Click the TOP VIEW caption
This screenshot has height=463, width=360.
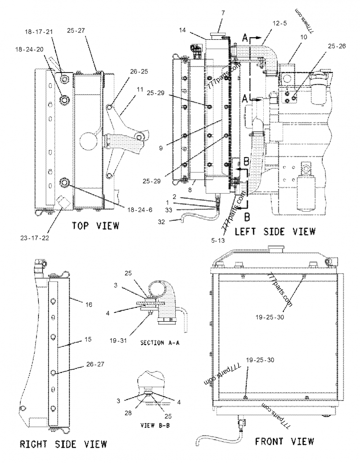point(95,226)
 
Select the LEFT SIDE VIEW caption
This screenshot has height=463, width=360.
point(275,231)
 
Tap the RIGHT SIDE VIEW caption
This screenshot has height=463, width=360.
point(63,444)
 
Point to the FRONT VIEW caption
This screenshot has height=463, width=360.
point(284,441)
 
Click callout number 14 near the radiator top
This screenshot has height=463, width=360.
point(182,31)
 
